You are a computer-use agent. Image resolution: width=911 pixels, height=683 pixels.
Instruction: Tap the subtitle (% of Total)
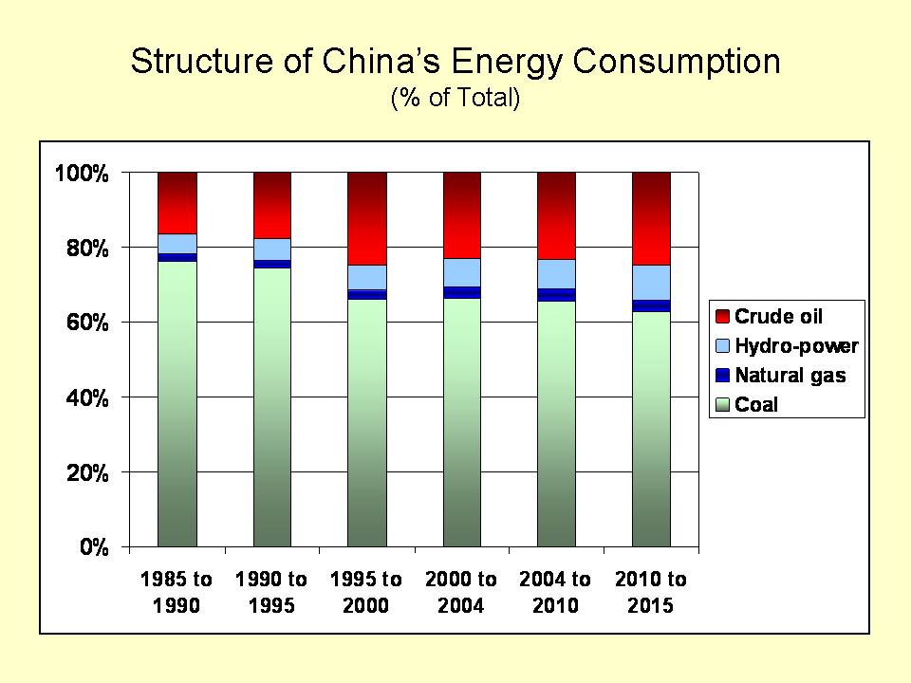(455, 98)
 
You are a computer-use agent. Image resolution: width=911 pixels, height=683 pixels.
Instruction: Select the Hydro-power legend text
(796, 346)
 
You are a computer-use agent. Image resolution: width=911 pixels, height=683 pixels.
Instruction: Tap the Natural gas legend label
(790, 376)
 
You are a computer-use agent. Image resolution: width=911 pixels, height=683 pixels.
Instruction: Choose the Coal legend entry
(756, 405)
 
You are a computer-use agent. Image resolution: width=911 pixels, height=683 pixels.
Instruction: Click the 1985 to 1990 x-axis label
(177, 592)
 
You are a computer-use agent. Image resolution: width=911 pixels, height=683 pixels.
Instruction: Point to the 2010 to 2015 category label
(651, 592)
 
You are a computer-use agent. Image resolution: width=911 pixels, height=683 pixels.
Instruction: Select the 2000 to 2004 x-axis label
(461, 592)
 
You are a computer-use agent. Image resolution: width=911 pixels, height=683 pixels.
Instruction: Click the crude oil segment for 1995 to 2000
(367, 218)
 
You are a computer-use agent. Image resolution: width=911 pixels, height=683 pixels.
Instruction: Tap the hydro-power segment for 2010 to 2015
(652, 282)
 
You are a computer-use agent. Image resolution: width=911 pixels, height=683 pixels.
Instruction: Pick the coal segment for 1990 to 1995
(272, 408)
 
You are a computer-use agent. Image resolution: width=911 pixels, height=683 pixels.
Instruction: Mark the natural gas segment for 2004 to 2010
(557, 295)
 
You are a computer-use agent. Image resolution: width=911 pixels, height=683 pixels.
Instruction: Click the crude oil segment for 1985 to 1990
(177, 202)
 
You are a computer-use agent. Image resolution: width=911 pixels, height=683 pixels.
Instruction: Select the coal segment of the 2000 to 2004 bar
(462, 422)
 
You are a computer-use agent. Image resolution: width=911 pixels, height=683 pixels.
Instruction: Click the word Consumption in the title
(667, 63)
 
